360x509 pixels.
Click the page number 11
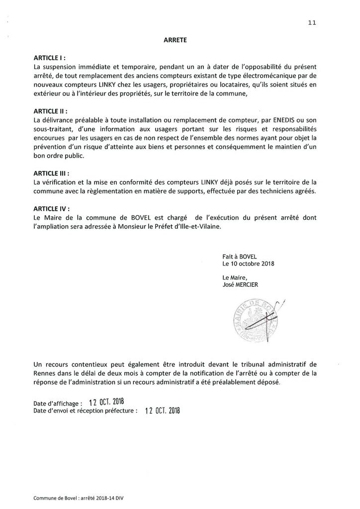pos(312,22)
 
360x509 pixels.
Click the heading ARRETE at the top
pos(175,42)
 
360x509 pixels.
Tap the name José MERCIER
pos(244,285)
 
